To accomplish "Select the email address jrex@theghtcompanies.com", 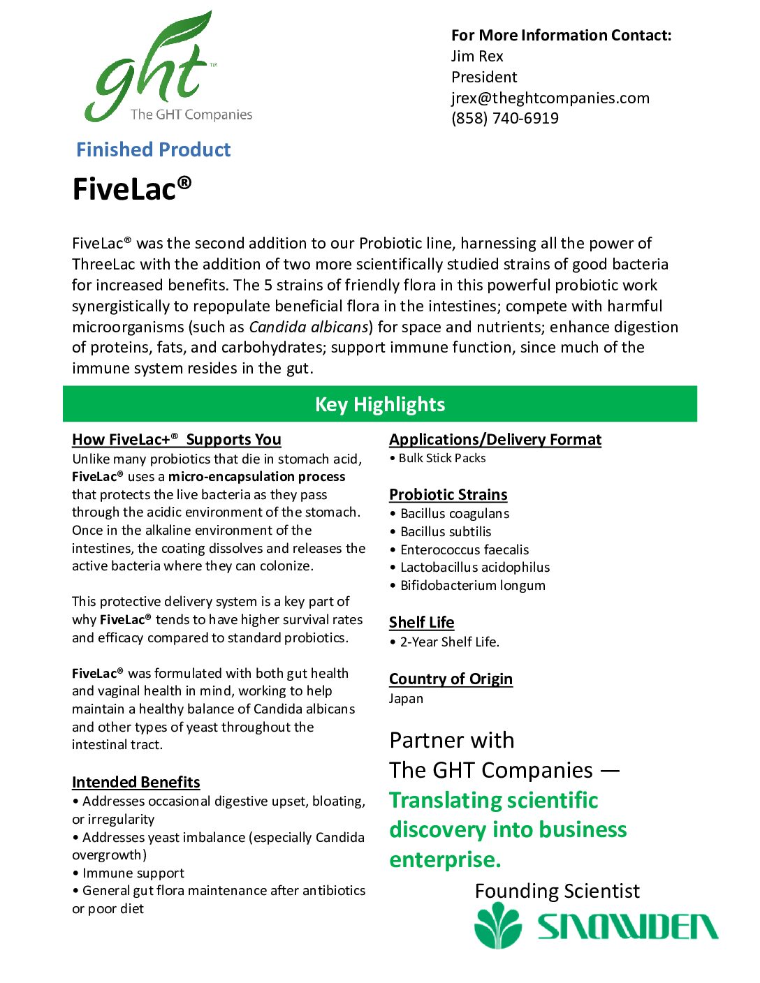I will pyautogui.click(x=550, y=98).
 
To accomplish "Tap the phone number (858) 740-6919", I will pyautogui.click(x=504, y=118).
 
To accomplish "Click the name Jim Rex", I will pyautogui.click(x=477, y=57).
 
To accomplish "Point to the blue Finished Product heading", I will pyautogui.click(x=153, y=149).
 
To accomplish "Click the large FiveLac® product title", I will pyautogui.click(x=132, y=189).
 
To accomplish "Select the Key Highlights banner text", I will pyautogui.click(x=379, y=404).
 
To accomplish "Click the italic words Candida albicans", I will pyautogui.click(x=309, y=327).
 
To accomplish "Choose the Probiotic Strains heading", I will pyautogui.click(x=448, y=494).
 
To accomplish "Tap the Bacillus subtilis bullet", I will pyautogui.click(x=446, y=531).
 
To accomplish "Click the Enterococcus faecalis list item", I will pyautogui.click(x=465, y=549).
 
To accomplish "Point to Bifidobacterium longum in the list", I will pyautogui.click(x=472, y=585).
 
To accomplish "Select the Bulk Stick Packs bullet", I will pyautogui.click(x=441, y=458).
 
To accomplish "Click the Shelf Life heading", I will pyautogui.click(x=421, y=622).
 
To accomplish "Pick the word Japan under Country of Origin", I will pyautogui.click(x=406, y=698).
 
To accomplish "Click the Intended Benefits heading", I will pyautogui.click(x=136, y=782).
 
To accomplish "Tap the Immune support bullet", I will pyautogui.click(x=133, y=873).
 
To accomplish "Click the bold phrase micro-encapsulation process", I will pyautogui.click(x=256, y=476).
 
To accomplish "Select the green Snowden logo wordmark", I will pyautogui.click(x=627, y=926).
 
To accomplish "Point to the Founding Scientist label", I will pyautogui.click(x=557, y=891).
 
